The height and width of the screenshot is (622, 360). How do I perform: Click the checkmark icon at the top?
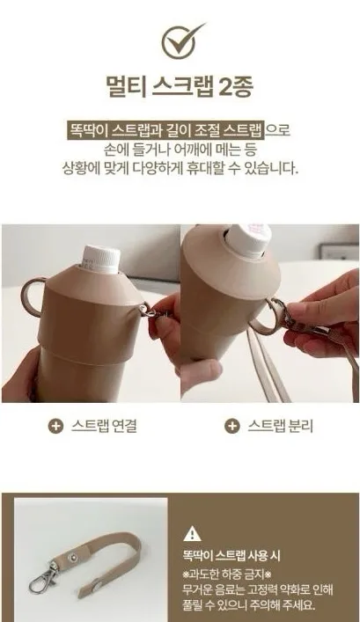click(180, 41)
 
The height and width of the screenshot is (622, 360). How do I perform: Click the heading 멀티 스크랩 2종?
click(180, 85)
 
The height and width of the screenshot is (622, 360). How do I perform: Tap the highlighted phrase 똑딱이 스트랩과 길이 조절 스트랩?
click(165, 129)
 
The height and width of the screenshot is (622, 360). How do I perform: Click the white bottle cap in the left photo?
click(101, 259)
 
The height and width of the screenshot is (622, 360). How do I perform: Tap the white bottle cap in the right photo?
click(248, 239)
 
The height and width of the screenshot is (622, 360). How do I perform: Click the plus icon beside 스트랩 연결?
click(55, 426)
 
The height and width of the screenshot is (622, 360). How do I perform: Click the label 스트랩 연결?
click(105, 426)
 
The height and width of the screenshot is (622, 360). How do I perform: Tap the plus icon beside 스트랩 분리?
click(232, 426)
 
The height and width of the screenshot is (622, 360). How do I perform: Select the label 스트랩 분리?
click(281, 426)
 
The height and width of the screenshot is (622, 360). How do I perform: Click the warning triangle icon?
click(193, 533)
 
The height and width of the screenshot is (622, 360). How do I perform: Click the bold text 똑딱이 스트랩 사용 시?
click(231, 556)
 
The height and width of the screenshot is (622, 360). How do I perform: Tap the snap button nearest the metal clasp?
click(73, 558)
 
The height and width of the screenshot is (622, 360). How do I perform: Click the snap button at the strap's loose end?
click(97, 584)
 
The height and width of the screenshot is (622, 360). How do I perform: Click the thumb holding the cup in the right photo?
click(200, 372)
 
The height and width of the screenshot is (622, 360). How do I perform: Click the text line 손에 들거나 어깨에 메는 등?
click(180, 150)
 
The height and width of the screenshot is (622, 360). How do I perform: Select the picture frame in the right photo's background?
click(339, 252)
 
